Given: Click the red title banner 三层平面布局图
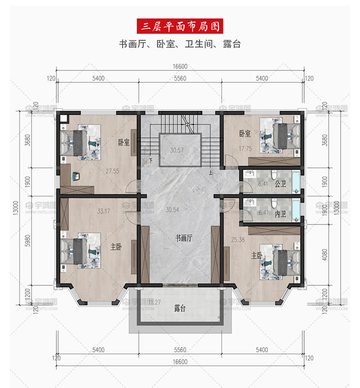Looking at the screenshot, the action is (x=180, y=26).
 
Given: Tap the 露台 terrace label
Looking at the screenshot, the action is (x=180, y=308).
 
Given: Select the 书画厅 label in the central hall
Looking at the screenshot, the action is (x=184, y=238).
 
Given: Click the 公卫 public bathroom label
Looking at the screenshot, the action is (x=280, y=184).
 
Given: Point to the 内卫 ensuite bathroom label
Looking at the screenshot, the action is (x=280, y=214).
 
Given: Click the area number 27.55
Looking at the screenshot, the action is (x=112, y=171).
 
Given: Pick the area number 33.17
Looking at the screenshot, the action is (x=103, y=211).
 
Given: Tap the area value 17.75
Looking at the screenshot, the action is (x=245, y=149).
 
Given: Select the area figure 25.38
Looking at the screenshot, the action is (x=238, y=239).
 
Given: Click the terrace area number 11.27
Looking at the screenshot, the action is (x=154, y=302).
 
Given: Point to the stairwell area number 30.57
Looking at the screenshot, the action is (x=177, y=150).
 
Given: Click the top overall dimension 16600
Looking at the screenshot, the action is (x=180, y=66).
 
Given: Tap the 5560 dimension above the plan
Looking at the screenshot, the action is (x=180, y=78).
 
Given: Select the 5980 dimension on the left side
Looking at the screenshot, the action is (x=28, y=241).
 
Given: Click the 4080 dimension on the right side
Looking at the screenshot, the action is (x=324, y=254).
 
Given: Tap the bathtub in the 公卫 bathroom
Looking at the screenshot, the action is (x=296, y=182).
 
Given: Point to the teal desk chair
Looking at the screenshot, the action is (x=76, y=176).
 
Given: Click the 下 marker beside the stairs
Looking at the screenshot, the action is (x=151, y=160).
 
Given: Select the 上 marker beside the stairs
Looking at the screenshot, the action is (x=210, y=173).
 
